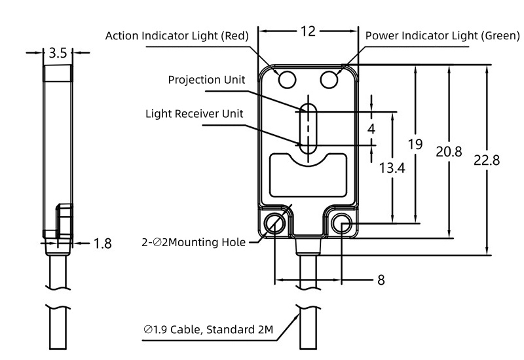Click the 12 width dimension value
tap(309, 31)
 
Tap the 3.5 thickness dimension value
tap(58, 53)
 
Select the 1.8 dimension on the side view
tap(102, 243)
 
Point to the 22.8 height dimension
tap(487, 160)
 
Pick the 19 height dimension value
tap(415, 144)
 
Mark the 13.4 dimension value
tap(392, 168)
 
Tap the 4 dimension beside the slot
tap(371, 129)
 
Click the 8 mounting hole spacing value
tap(381, 280)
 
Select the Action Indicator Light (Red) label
tap(177, 36)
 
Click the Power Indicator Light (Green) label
tap(442, 36)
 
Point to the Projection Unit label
tap(206, 80)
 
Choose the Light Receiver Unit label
tap(194, 113)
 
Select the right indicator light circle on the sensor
tap(329, 79)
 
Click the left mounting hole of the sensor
tap(274, 225)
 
